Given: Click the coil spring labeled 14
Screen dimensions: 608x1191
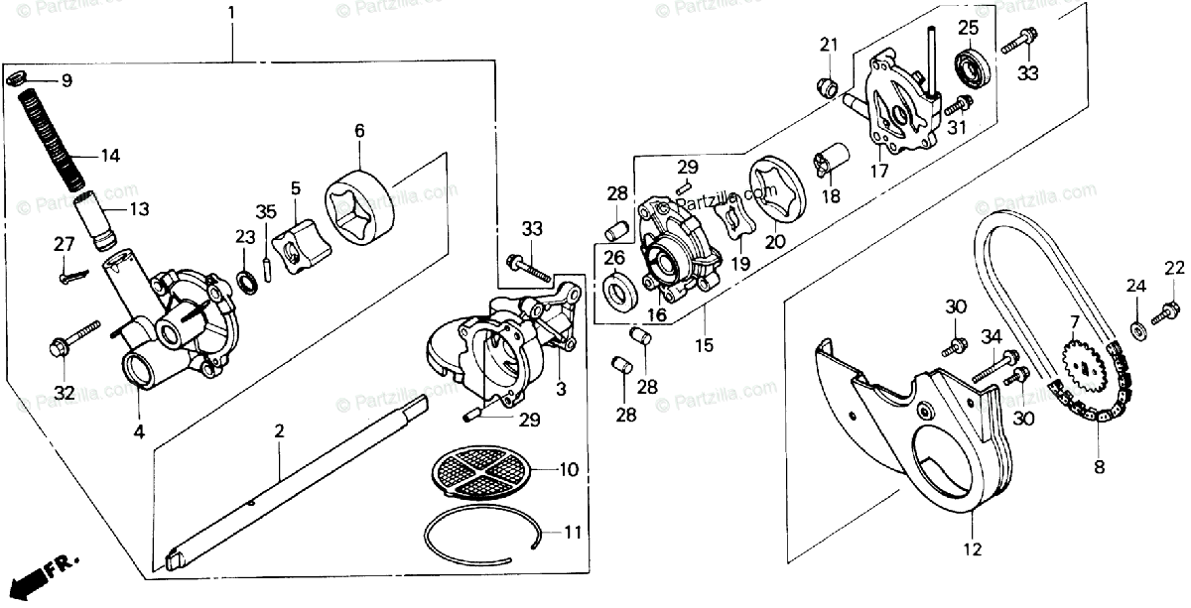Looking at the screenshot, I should coord(54,140).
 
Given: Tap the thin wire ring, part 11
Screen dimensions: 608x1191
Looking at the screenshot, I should coord(481,536).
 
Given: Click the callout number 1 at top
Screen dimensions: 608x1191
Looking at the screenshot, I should coord(232,14).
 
